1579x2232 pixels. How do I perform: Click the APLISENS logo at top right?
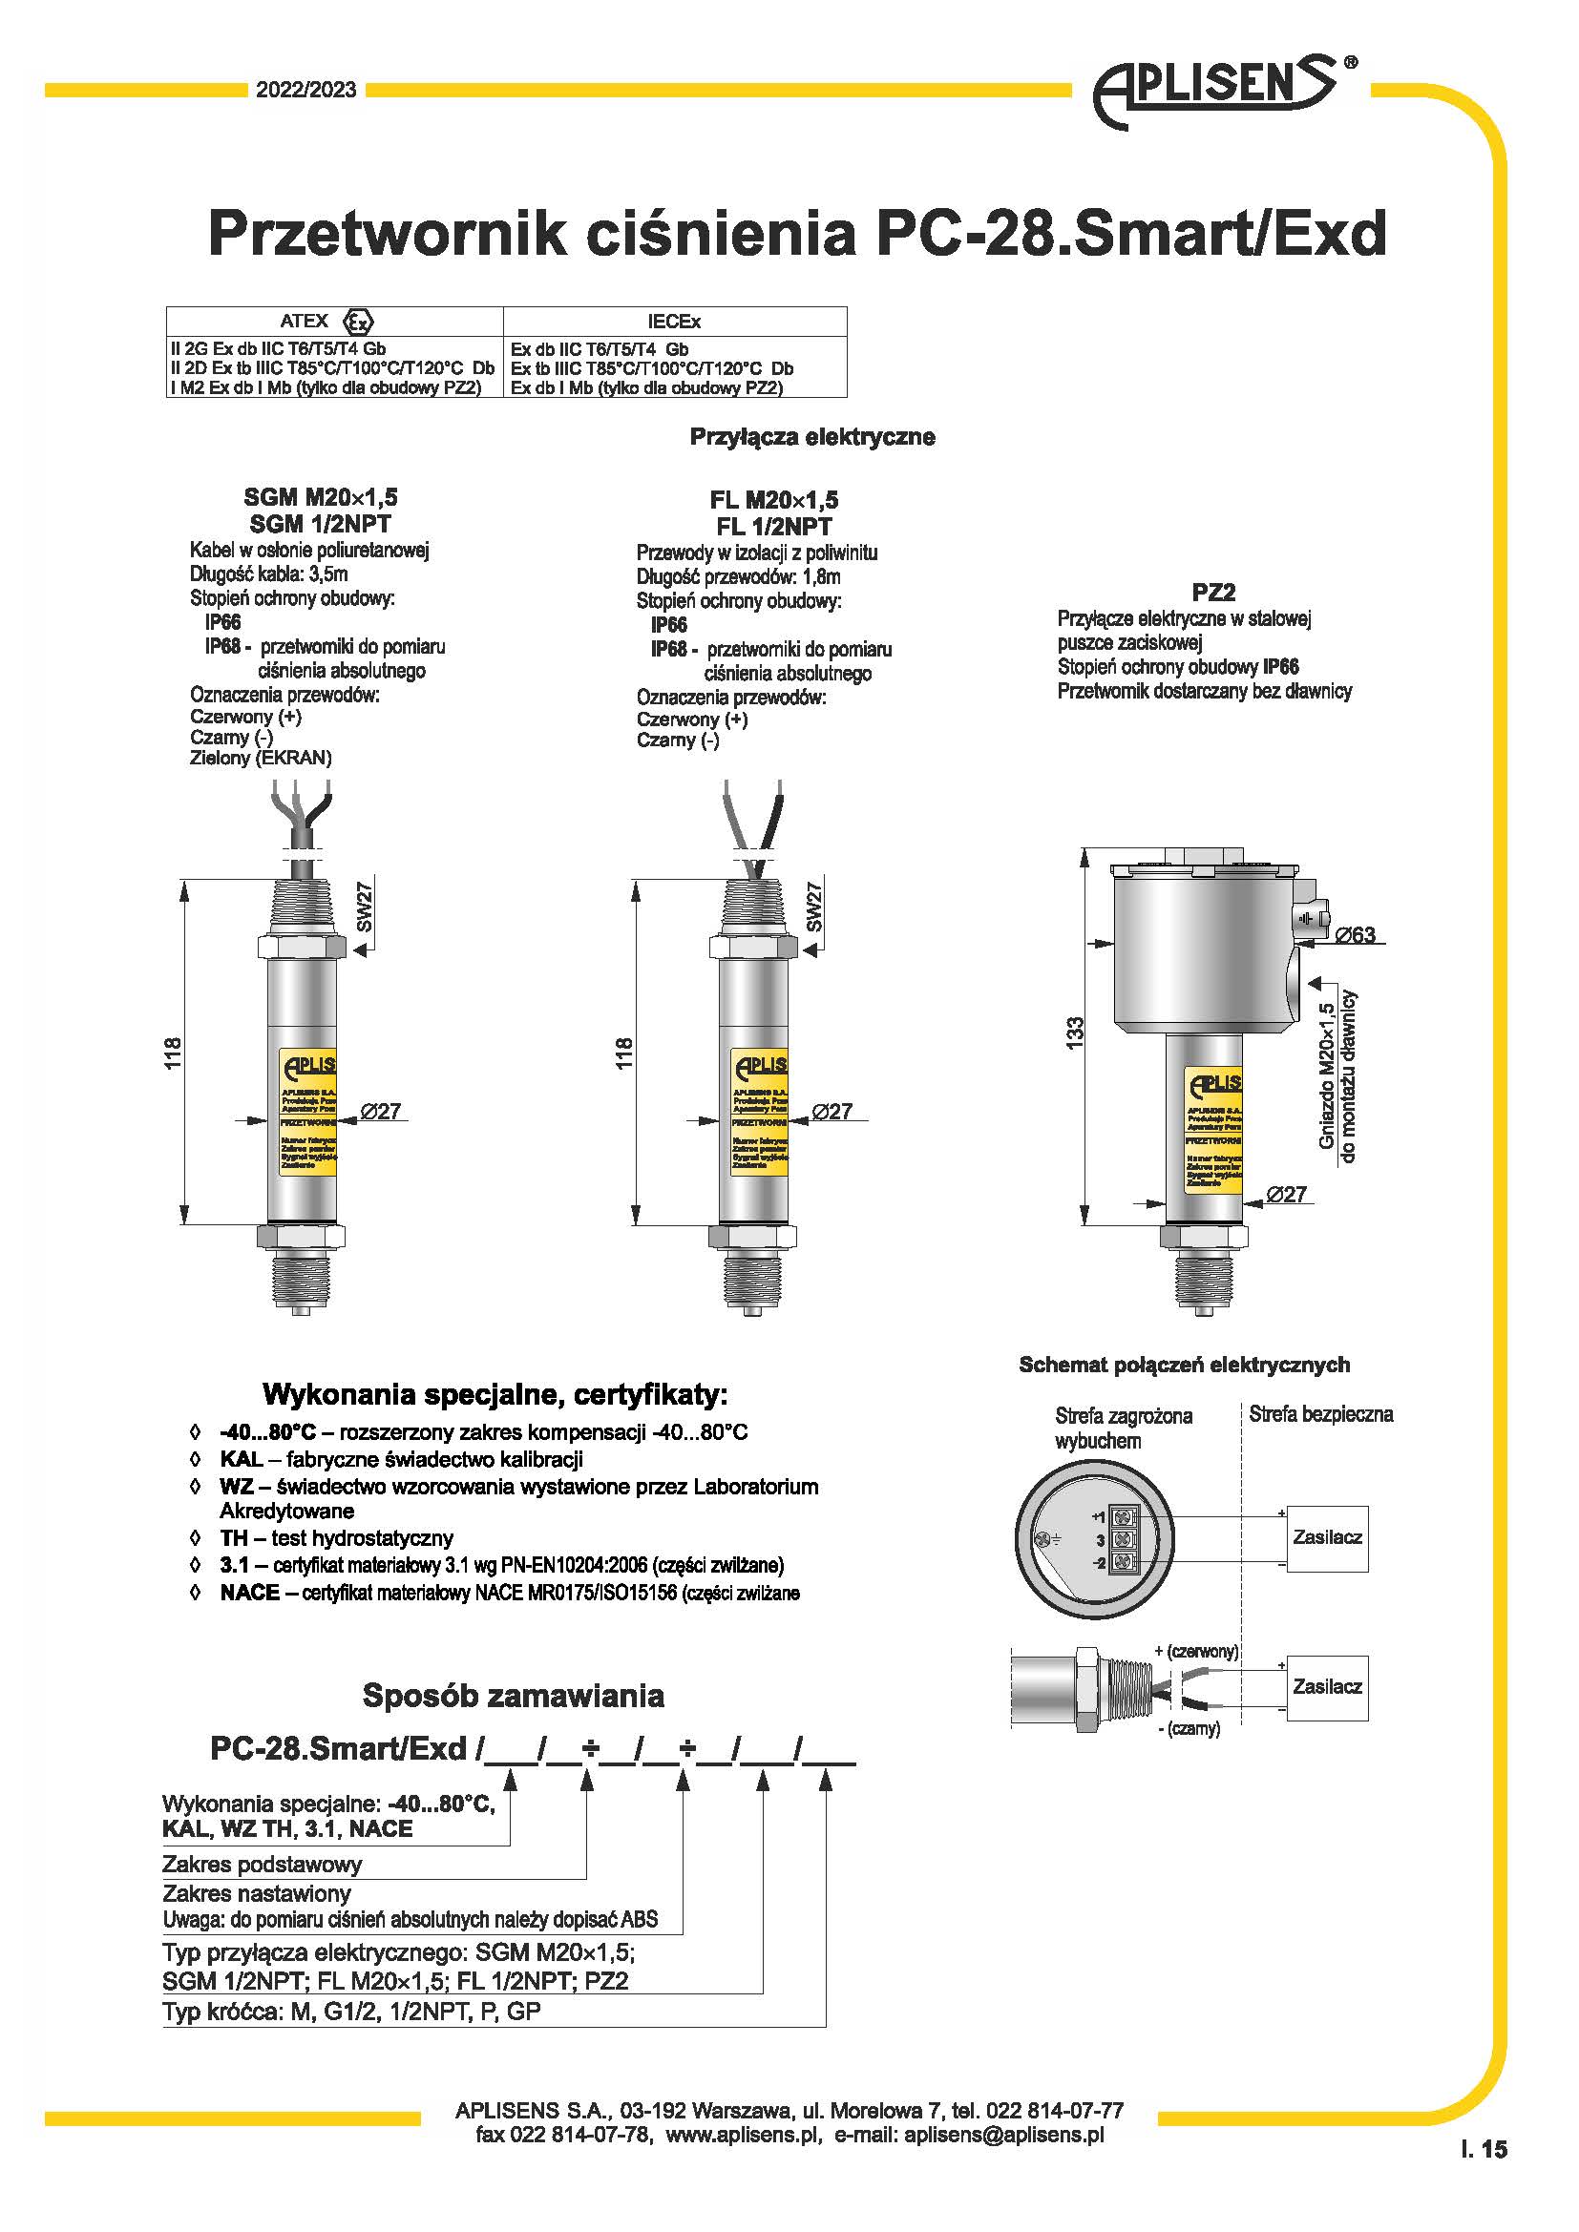tap(1220, 90)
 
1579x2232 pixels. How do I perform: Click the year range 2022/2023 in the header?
tap(306, 91)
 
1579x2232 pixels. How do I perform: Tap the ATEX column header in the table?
tap(305, 321)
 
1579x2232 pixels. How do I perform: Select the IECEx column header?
tap(674, 322)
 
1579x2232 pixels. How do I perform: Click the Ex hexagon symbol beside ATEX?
tap(359, 322)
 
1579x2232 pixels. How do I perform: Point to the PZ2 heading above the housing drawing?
tap(1213, 592)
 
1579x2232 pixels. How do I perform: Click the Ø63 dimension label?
tap(1355, 935)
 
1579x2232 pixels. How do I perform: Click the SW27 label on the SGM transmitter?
tap(365, 906)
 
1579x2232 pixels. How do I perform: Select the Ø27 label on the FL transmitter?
tap(832, 1111)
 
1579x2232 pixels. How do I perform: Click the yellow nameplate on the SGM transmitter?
tap(307, 1112)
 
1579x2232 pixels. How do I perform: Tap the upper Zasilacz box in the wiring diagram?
tap(1327, 1537)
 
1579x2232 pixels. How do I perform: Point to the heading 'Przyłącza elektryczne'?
tap(811, 437)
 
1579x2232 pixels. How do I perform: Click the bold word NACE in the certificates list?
tap(250, 1593)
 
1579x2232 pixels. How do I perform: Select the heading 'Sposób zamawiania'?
tap(514, 1697)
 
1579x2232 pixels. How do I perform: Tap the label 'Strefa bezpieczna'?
tap(1320, 1414)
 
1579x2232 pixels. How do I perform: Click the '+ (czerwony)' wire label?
tap(1196, 1652)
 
